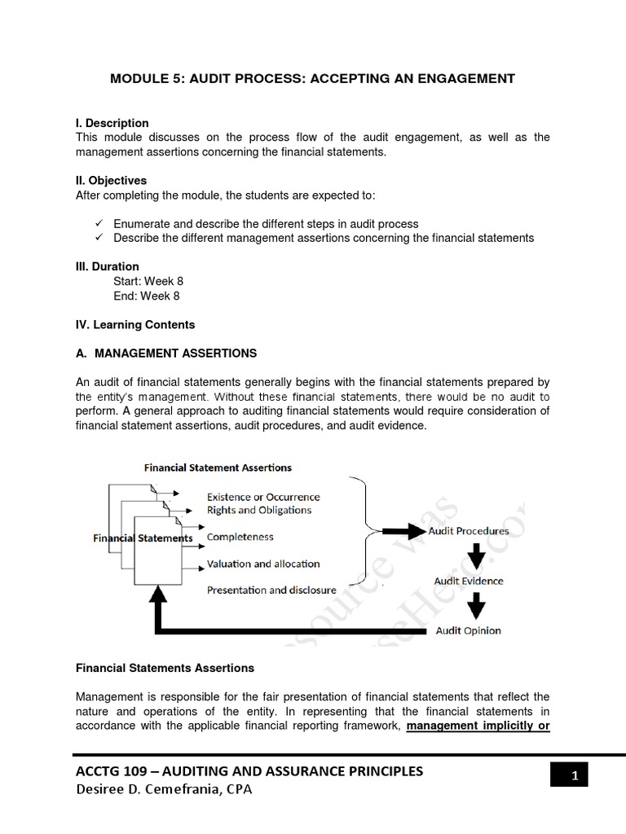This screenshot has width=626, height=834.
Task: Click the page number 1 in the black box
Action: pos(574,776)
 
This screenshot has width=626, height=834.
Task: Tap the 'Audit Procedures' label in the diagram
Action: pos(469,531)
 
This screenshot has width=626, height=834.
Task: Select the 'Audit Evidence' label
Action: pos(469,581)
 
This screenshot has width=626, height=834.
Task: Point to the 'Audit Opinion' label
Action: pos(469,630)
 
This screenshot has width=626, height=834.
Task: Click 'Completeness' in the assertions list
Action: pos(240,538)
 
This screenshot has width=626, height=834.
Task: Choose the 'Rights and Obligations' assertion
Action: pos(259,510)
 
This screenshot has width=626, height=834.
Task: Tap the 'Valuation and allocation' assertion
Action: pos(263,564)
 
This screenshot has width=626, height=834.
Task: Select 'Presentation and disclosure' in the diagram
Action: pos(270,590)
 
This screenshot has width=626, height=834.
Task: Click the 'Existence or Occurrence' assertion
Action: pos(263,497)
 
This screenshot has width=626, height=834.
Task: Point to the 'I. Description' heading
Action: pos(112,123)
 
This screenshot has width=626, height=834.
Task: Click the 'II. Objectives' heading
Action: pos(112,181)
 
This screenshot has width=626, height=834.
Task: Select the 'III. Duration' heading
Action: pos(108,266)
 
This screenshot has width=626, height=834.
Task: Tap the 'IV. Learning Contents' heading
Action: pos(135,325)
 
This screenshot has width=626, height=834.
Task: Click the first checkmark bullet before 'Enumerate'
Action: pos(98,224)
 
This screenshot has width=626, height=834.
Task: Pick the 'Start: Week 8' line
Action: pos(148,281)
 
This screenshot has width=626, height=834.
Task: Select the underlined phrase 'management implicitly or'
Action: pos(478,726)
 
